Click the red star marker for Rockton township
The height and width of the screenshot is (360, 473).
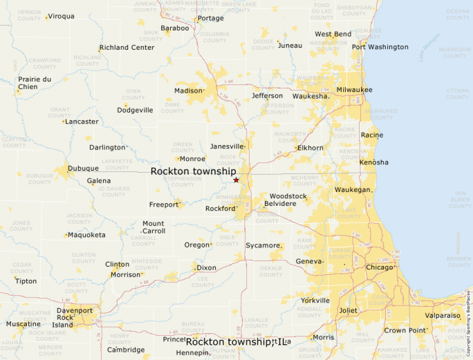click(236, 180)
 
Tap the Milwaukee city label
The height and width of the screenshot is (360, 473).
click(354, 90)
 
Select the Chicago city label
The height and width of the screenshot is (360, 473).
click(379, 267)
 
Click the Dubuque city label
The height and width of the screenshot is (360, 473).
click(83, 168)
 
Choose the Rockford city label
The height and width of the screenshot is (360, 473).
click(221, 208)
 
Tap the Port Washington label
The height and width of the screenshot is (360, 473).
click(380, 47)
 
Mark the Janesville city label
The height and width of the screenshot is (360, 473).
click(227, 146)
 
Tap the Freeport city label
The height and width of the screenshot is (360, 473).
click(164, 205)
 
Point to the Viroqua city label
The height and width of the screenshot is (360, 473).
click(61, 16)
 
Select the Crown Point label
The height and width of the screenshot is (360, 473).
click(405, 330)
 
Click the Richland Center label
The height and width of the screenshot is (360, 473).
click(127, 48)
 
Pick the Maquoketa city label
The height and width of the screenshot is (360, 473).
click(86, 235)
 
